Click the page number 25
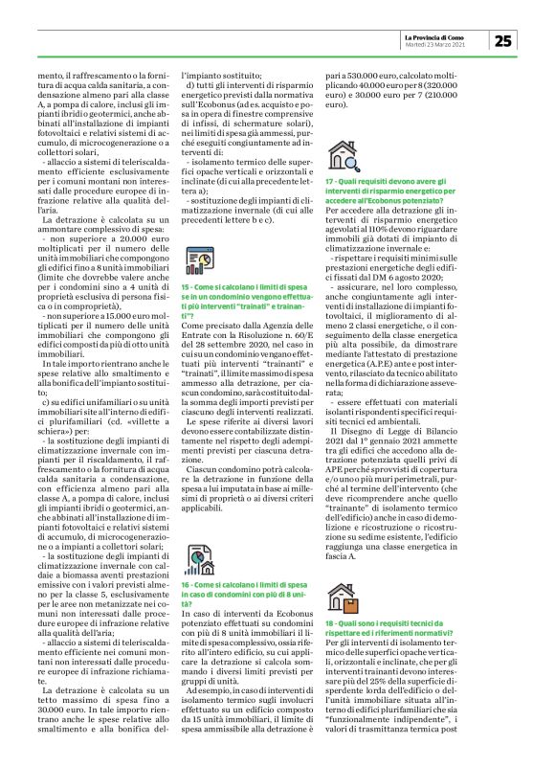point(504,40)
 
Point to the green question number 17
point(330,182)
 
